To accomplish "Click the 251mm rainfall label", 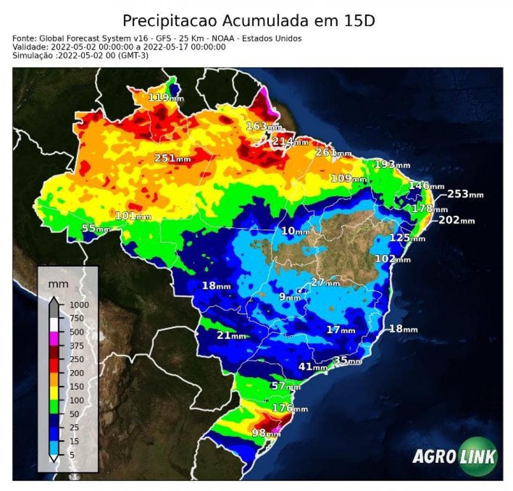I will pos(172,158).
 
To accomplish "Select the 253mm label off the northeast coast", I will pos(465,194).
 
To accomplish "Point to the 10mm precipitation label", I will pos(295,231).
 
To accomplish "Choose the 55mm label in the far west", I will pos(96,229).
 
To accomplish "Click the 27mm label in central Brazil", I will pos(325,282).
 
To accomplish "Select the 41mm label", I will pos(312,367).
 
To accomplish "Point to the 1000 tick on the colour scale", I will pos(79,304).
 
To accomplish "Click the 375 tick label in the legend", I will pos(76,346).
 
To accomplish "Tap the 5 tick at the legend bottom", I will pos(72,454).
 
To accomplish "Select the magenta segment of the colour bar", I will pos(53,339).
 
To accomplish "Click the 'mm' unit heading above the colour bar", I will pos(58,284).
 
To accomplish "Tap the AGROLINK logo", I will pos(456,456).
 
